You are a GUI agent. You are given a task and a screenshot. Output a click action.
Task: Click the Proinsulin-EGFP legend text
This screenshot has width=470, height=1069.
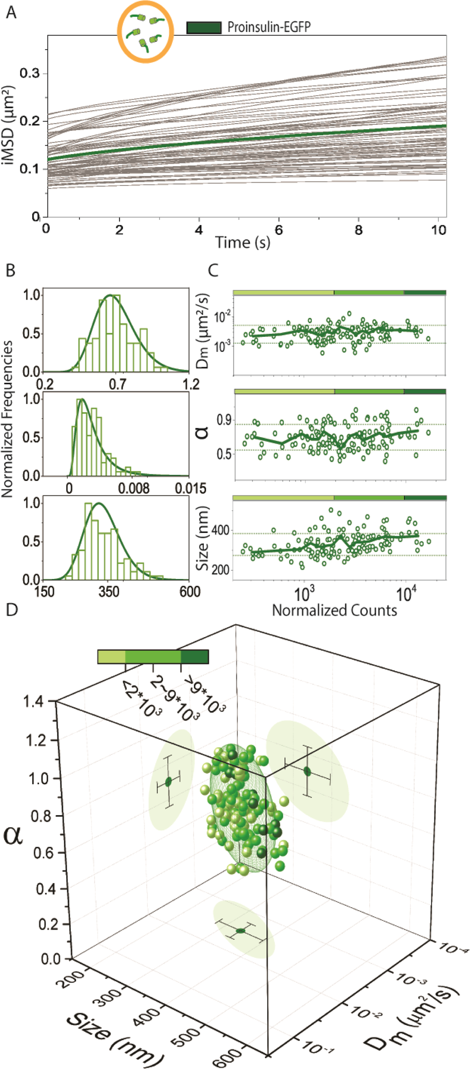point(269,27)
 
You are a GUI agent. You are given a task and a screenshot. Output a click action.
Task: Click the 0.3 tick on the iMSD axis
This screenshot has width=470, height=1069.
point(30,74)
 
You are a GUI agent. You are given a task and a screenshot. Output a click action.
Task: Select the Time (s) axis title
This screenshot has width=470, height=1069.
point(242,242)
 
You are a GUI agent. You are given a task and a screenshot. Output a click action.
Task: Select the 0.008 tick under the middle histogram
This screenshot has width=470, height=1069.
point(133,488)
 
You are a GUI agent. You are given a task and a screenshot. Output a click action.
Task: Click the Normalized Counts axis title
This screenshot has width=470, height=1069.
point(334,610)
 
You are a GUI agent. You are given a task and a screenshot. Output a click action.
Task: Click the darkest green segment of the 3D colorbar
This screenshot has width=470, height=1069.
point(194,657)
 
